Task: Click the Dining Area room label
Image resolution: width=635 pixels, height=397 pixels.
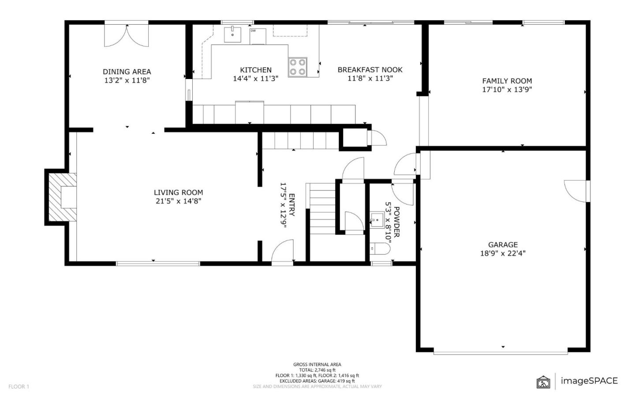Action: pos(127,72)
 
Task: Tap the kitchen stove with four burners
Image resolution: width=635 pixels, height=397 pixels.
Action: pos(297,67)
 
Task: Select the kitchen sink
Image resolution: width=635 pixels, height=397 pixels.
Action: pos(232,34)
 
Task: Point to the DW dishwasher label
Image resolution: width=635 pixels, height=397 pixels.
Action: pos(253,31)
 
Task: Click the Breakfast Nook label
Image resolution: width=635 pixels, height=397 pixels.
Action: pos(370,70)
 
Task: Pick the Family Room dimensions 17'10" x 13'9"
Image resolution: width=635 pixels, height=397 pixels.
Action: pos(507,90)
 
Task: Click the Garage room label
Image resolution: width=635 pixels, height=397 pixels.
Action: pos(503,245)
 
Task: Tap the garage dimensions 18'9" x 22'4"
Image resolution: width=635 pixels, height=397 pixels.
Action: pos(503,253)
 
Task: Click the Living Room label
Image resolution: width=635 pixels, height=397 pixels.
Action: pos(178,193)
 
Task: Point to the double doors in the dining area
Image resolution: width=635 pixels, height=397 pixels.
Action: pos(126,36)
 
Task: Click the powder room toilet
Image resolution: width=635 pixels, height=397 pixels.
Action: pos(379,249)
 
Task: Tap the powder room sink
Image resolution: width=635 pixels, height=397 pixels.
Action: pos(377,219)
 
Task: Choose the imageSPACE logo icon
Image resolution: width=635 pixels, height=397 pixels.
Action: pos(543,382)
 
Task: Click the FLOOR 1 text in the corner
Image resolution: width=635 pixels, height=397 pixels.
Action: pos(19,387)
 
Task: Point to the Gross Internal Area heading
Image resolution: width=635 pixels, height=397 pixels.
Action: pos(317,365)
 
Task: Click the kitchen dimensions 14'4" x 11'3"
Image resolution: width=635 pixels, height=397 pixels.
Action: pos(255,79)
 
